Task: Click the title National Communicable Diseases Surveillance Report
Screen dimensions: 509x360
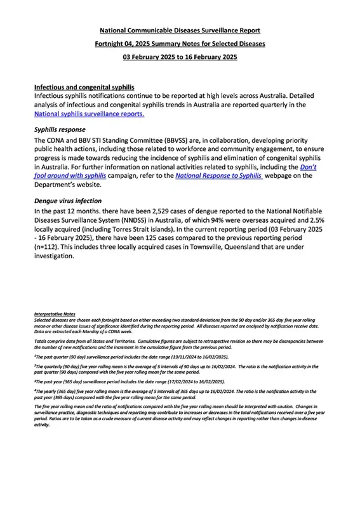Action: (180, 30)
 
